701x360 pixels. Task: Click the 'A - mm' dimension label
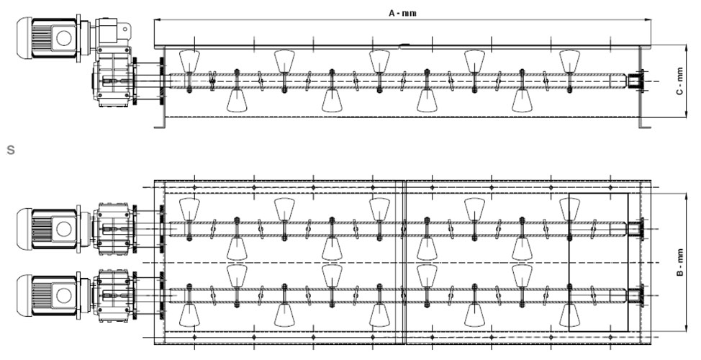click(402, 13)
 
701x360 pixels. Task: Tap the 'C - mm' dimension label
click(679, 81)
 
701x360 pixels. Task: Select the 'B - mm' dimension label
click(680, 263)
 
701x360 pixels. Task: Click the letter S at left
click(11, 150)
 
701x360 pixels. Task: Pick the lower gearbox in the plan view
click(113, 296)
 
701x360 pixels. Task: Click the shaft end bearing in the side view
click(637, 81)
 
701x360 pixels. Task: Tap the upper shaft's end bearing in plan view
click(636, 229)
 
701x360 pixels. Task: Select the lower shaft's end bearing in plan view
click(636, 296)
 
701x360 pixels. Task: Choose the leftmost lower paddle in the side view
click(237, 101)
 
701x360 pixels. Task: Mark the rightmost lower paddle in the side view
click(522, 101)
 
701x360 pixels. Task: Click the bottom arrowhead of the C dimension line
click(686, 114)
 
